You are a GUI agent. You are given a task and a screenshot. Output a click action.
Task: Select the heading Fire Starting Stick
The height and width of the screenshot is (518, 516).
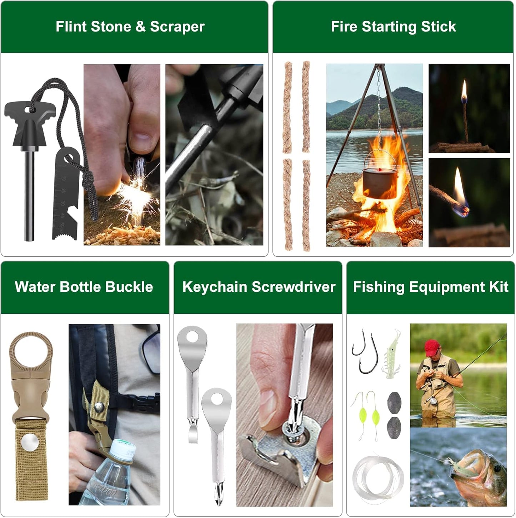pos(393,27)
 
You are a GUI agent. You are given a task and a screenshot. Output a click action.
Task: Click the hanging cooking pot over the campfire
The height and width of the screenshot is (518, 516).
pos(380,182)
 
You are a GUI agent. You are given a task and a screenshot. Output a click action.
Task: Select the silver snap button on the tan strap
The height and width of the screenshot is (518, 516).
pos(30,443)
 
